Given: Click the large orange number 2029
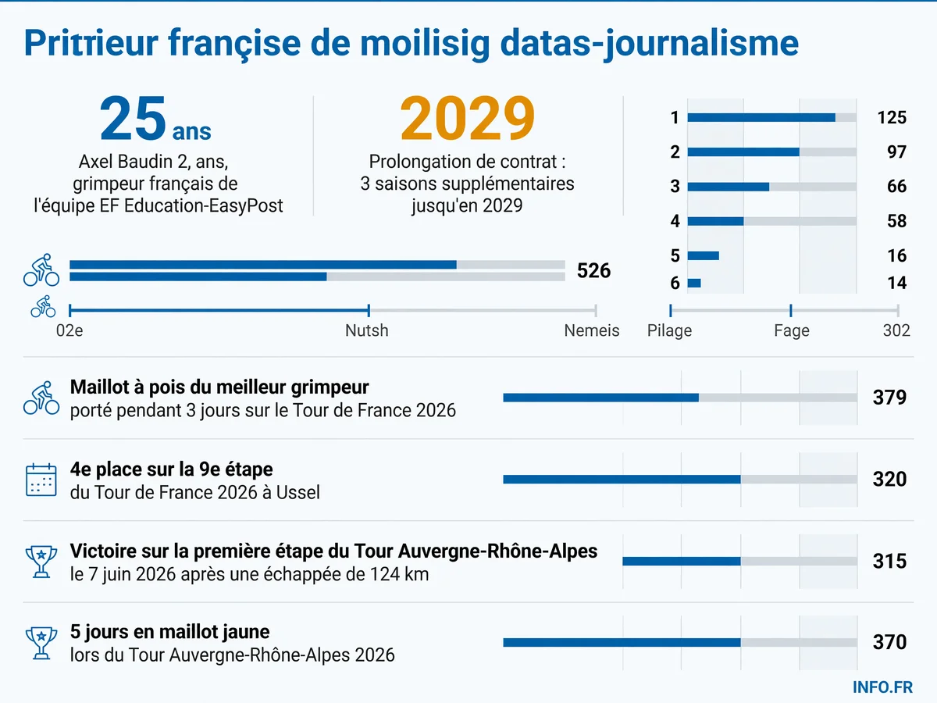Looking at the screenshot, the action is pyautogui.click(x=467, y=118).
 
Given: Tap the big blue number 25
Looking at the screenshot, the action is pyautogui.click(x=133, y=118).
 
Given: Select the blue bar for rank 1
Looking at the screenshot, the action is pyautogui.click(x=761, y=118).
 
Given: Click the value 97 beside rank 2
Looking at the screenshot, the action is pyautogui.click(x=896, y=152).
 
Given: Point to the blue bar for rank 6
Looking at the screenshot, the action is pyautogui.click(x=694, y=283).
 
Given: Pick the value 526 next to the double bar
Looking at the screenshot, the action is pyautogui.click(x=593, y=270).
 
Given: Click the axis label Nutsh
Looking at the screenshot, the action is pyautogui.click(x=367, y=330).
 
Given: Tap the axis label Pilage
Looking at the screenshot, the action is pyautogui.click(x=669, y=330).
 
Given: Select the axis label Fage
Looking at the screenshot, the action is pyautogui.click(x=792, y=330).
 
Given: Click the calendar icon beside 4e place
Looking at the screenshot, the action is pyautogui.click(x=41, y=480).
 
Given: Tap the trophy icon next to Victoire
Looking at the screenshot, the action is pyautogui.click(x=41, y=562).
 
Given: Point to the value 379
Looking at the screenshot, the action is pyautogui.click(x=889, y=398).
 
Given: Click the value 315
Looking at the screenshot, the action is pyautogui.click(x=889, y=561).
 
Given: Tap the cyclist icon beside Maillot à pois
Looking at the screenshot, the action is pyautogui.click(x=41, y=398).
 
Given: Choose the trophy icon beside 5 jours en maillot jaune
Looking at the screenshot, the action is pyautogui.click(x=41, y=643).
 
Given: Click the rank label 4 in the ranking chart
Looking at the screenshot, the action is pyautogui.click(x=675, y=221).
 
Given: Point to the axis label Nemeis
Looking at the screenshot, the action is pyautogui.click(x=592, y=330).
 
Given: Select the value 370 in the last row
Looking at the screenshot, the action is pyautogui.click(x=889, y=642).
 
